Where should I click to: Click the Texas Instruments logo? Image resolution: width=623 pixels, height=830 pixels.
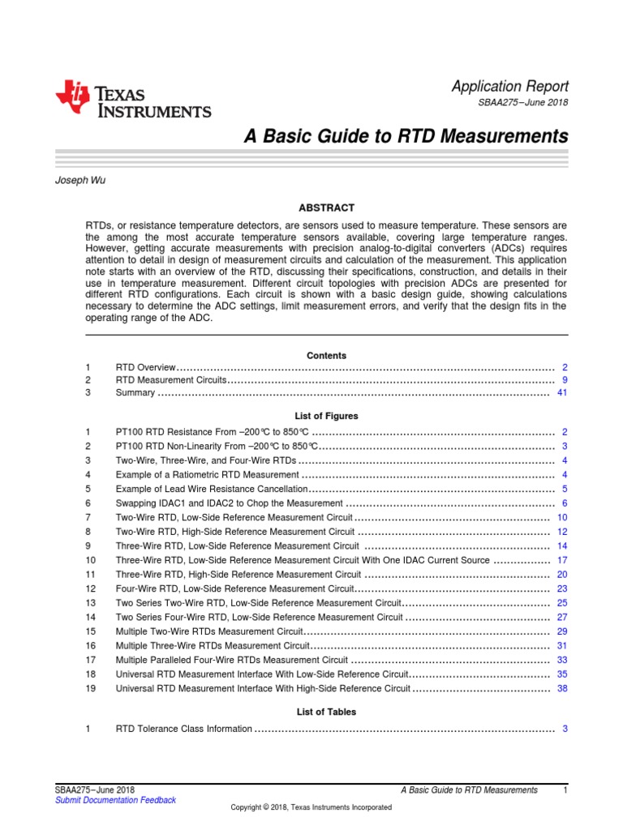pos(133,100)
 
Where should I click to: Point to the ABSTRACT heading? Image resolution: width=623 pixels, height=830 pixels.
pos(326,208)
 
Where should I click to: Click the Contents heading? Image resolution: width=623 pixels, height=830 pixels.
pos(326,355)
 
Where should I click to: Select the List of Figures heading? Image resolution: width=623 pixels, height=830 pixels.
pos(326,416)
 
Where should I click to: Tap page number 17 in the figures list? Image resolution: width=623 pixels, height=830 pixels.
pos(561,560)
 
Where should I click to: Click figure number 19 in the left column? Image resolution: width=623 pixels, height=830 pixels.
pos(90,688)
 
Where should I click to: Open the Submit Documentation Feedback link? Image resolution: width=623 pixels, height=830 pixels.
pos(115,800)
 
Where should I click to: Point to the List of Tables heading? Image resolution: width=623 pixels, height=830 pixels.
pos(326,712)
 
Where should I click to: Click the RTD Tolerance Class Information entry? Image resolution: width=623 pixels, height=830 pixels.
pos(184,729)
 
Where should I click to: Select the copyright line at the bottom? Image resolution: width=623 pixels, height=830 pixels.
pos(311,807)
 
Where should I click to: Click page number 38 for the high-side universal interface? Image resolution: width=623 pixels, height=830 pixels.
pos(561,688)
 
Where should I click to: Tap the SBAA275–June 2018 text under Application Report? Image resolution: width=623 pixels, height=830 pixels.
pos(527,103)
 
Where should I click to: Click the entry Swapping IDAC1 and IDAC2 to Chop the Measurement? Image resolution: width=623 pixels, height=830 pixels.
pos(229,503)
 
